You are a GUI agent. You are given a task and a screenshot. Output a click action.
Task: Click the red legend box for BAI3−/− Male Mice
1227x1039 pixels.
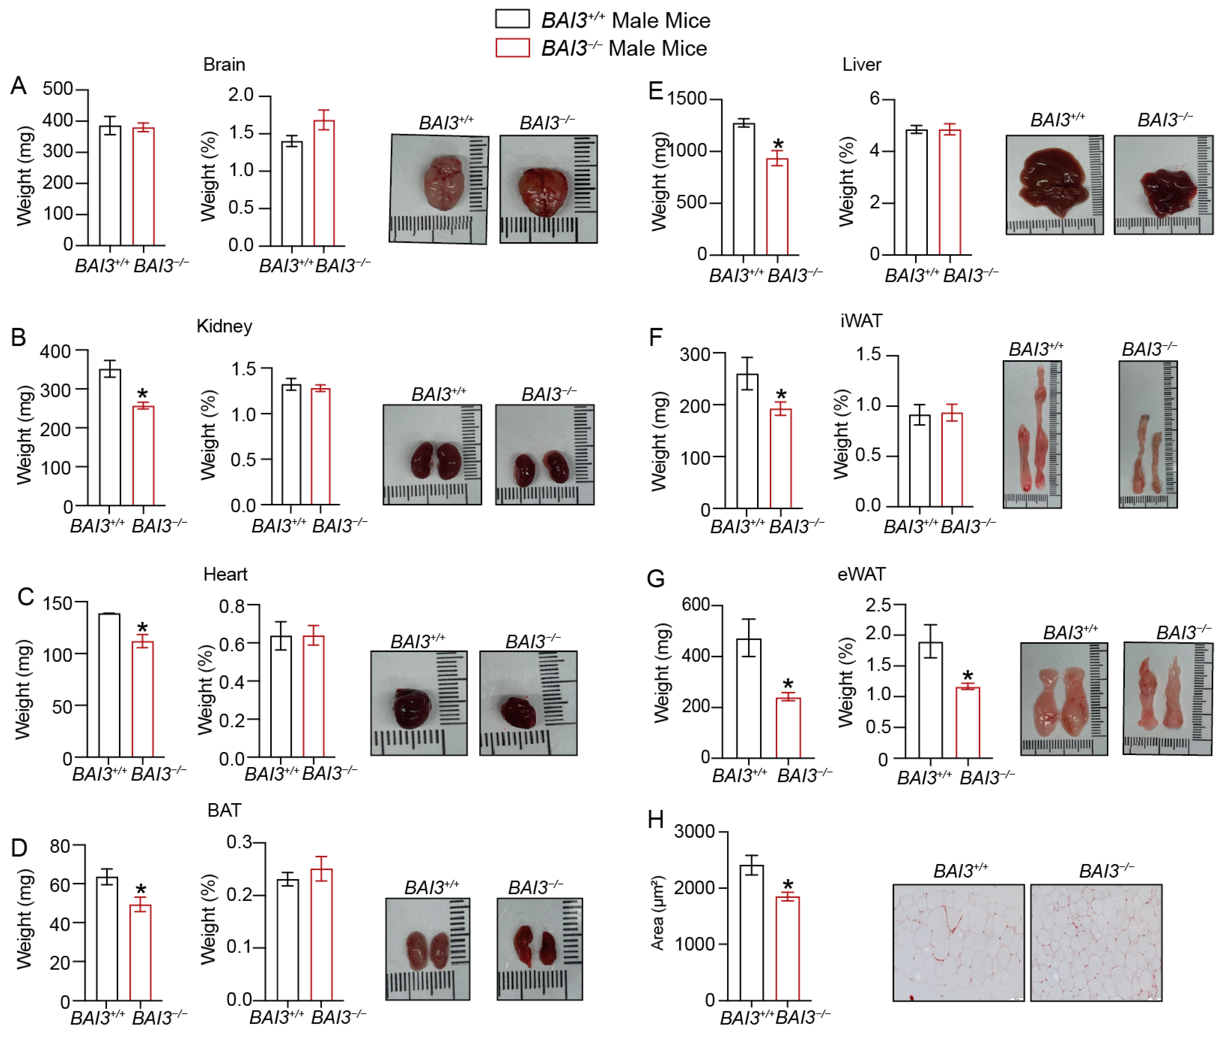(x=512, y=48)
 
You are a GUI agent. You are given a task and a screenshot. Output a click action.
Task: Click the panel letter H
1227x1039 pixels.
(x=655, y=820)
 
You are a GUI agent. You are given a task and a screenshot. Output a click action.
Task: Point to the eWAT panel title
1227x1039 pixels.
(x=861, y=574)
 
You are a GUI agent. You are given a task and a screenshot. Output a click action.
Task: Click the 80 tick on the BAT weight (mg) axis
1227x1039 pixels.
(x=60, y=846)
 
